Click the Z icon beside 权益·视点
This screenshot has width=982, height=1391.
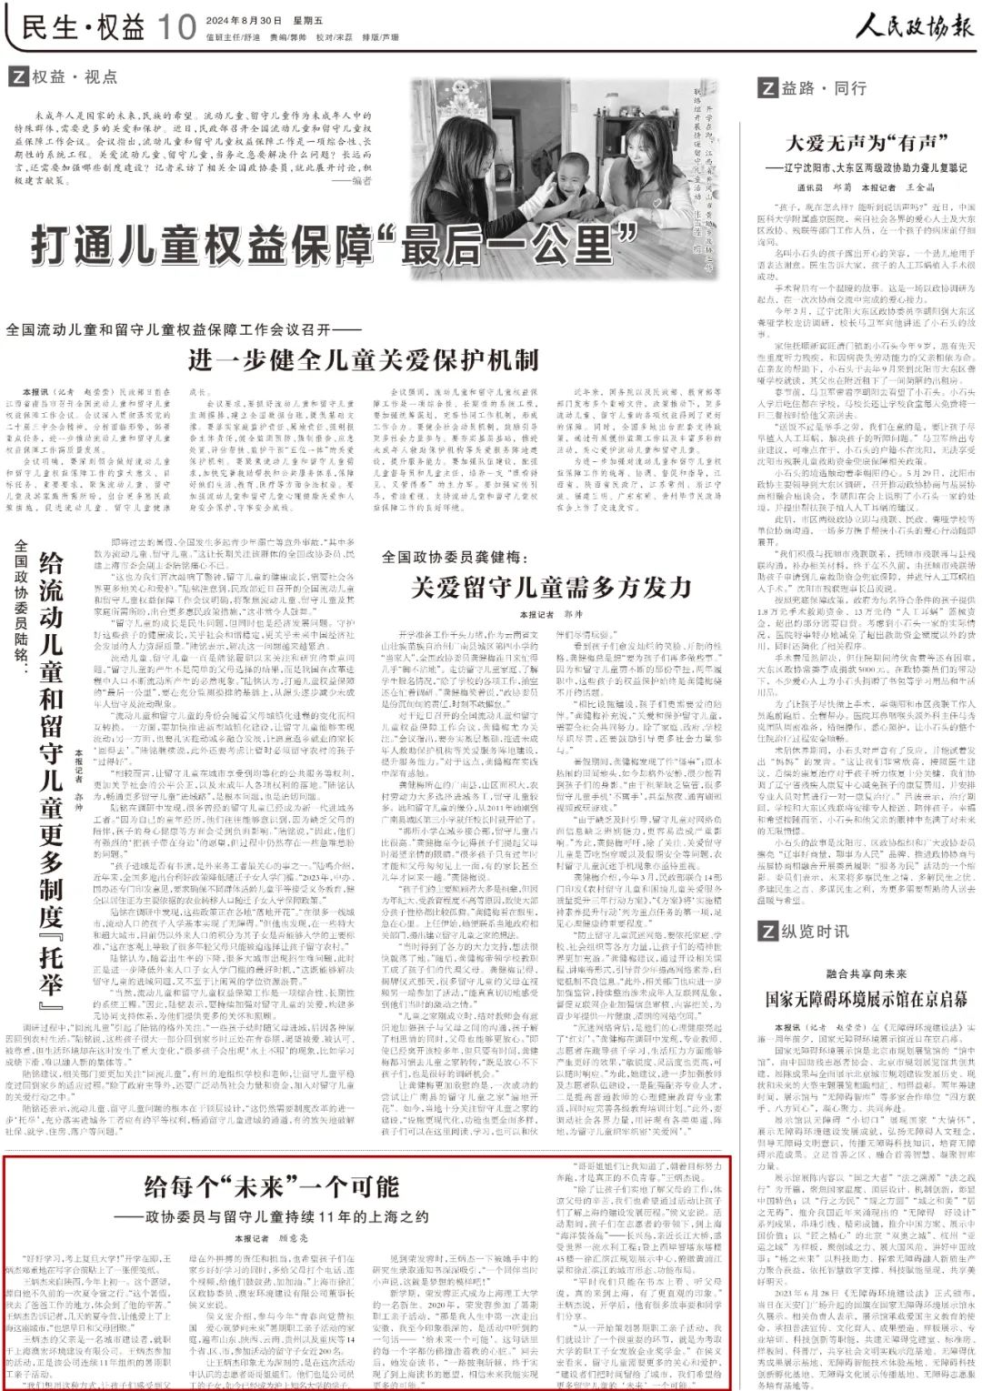click(17, 77)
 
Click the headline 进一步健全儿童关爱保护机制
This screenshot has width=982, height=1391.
click(364, 360)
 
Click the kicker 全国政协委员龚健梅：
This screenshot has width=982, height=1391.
click(455, 556)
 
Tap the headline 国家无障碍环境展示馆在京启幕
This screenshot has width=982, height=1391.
click(866, 998)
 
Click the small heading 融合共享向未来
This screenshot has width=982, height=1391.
click(866, 973)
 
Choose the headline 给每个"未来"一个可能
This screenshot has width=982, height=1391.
click(272, 1186)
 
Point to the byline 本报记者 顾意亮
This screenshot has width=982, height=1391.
click(271, 1238)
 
